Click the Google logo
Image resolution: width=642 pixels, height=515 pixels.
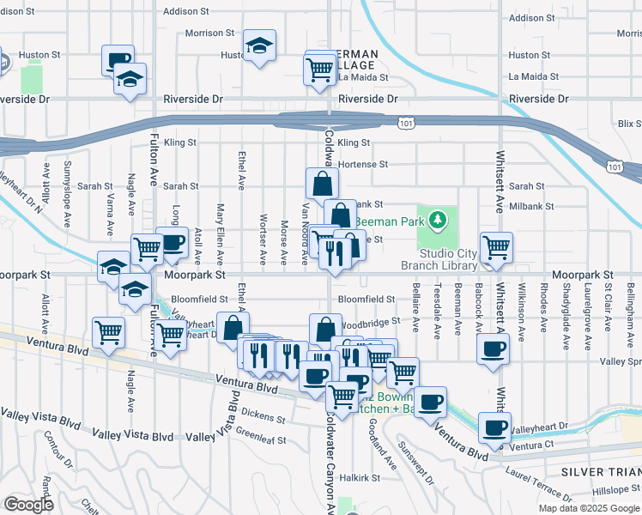(x=27, y=505)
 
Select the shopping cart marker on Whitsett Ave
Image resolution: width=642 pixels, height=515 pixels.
(x=497, y=248)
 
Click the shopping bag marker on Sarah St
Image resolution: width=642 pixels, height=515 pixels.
(x=322, y=184)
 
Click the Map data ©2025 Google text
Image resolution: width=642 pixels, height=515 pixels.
(x=588, y=508)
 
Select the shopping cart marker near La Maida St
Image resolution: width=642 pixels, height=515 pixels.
(x=320, y=70)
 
